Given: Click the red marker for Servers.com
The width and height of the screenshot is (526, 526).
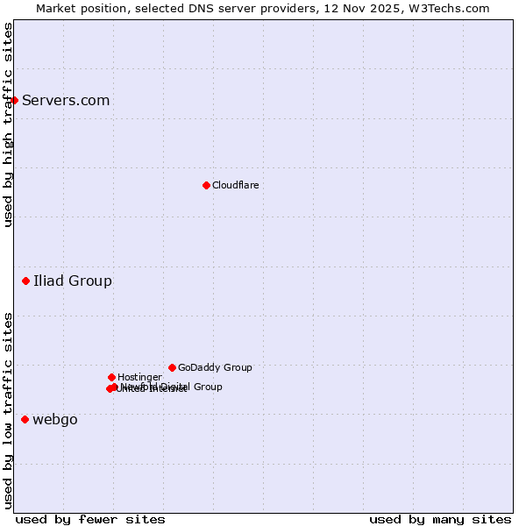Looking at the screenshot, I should click(14, 100).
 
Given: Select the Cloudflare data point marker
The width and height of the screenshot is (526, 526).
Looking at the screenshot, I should click(206, 185).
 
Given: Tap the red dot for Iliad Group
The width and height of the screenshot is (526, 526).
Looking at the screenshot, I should click(25, 281).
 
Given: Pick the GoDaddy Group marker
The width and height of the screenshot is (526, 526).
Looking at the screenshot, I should click(172, 367).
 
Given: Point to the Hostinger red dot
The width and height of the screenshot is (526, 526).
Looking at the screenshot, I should click(111, 377).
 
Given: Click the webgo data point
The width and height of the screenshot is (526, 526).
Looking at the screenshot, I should click(25, 419).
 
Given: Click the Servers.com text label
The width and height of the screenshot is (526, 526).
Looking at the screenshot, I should click(66, 100).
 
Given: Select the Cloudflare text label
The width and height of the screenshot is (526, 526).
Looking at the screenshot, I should click(235, 185).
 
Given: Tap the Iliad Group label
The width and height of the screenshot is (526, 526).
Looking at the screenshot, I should click(73, 281).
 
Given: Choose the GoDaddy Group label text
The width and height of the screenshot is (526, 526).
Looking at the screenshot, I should click(215, 367).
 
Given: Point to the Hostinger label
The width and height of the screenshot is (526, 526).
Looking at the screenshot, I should click(139, 377).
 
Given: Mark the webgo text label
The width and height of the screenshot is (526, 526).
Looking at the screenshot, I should click(55, 419).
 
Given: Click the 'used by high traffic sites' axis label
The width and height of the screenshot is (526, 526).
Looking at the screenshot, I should click(8, 124).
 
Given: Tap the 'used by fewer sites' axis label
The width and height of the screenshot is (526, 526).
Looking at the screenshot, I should click(90, 519).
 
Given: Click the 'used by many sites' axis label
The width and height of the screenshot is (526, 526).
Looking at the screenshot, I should click(440, 519).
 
